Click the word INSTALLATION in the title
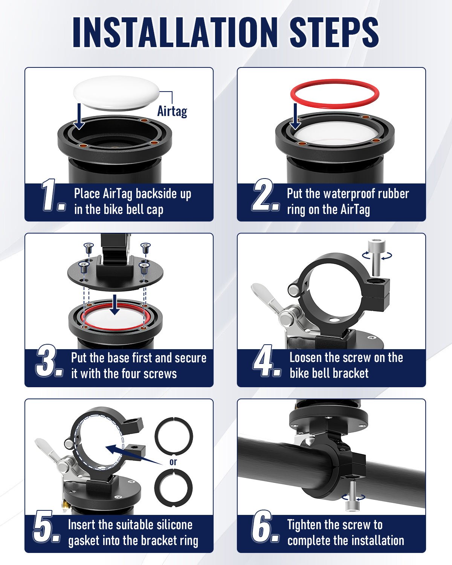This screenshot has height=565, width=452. pos(175,32)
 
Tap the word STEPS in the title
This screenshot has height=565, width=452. pos(334,32)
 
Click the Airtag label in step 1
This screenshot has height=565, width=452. pos(172,111)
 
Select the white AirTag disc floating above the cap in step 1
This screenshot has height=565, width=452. pos(116,93)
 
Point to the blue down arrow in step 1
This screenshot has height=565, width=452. pos(79,116)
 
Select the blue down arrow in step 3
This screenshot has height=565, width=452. pos(115,305)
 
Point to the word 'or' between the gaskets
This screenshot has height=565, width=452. pos(173,462)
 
